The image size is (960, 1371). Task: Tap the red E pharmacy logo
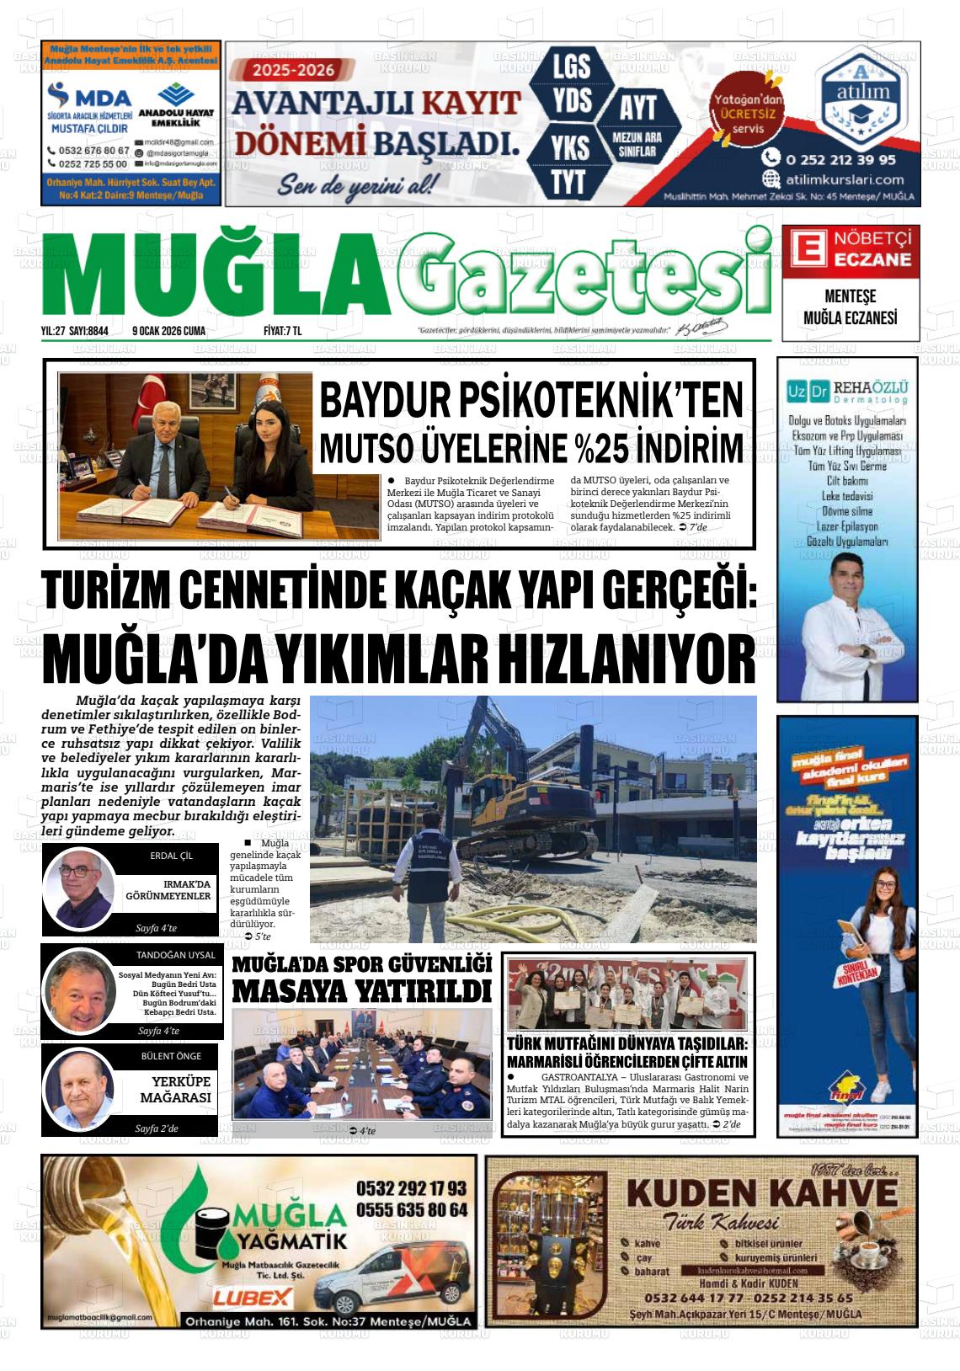(x=806, y=250)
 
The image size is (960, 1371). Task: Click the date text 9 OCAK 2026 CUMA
(x=168, y=331)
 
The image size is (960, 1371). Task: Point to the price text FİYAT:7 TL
(x=282, y=331)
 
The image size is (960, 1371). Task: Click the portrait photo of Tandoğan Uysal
(x=81, y=992)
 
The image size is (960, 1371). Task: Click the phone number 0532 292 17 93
(x=411, y=1187)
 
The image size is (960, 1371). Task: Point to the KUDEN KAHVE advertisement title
(x=762, y=1192)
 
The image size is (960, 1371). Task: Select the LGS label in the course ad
(x=571, y=66)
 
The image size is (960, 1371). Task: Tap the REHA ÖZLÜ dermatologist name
(x=871, y=387)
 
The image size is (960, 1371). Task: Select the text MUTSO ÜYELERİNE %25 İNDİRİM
(x=531, y=448)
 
